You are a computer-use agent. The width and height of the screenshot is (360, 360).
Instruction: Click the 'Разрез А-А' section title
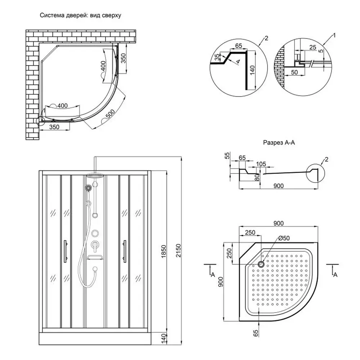tap(279, 143)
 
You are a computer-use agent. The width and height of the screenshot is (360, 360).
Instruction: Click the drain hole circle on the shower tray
tap(261, 265)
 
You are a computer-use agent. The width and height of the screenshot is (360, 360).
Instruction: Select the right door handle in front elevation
tap(124, 252)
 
